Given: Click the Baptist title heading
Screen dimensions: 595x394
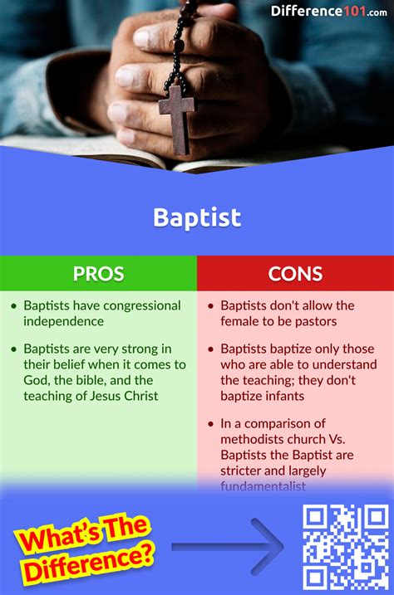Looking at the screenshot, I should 197,217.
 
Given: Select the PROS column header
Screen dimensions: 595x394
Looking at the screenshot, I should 98,273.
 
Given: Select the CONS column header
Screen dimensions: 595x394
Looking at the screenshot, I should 295,273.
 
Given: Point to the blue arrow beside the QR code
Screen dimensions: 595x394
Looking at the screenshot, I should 228,546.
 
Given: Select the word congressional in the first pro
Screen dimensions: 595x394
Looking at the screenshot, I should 135,305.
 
